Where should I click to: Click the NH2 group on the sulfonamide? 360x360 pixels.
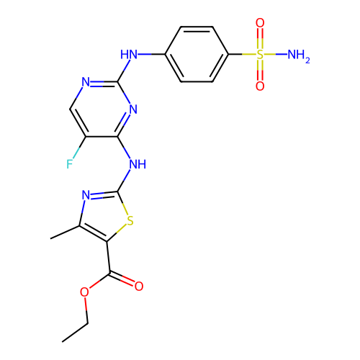tap(299, 55)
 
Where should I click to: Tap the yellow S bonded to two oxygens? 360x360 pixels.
tap(260, 55)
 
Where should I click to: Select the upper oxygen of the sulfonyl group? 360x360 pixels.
tap(260, 23)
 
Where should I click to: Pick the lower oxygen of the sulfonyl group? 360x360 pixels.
tap(260, 86)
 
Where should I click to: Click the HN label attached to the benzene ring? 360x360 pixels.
tap(129, 55)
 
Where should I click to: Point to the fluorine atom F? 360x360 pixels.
tap(70, 164)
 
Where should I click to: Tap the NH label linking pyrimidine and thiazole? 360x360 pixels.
tap(138, 164)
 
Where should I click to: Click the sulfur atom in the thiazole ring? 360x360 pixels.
tap(130, 221)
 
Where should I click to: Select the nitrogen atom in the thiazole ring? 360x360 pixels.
tap(86, 195)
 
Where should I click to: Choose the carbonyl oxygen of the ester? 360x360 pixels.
tap(139, 286)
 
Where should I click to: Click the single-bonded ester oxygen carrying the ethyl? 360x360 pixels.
tap(84, 292)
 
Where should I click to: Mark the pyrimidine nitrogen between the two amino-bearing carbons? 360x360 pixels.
tap(133, 109)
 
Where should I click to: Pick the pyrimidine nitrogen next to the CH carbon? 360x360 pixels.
tap(86, 82)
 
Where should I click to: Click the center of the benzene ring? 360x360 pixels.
tap(197, 54)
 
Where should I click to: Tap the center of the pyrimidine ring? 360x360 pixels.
tap(102, 109)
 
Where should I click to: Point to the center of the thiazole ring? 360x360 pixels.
tap(104, 215)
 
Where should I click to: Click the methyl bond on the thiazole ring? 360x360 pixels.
tap(65, 233)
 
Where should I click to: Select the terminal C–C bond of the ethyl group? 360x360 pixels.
tap(75, 333)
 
